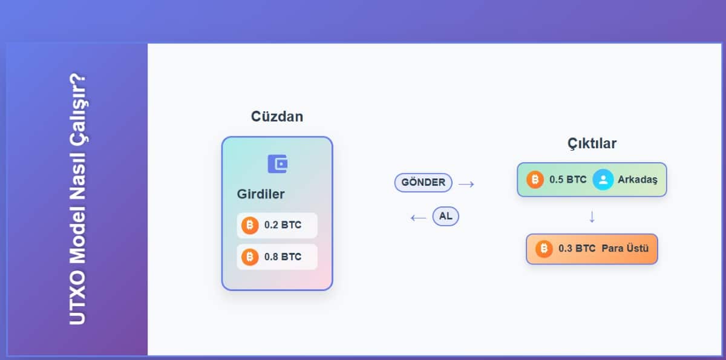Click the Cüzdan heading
click(x=277, y=116)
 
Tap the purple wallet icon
click(x=278, y=164)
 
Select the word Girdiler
click(x=261, y=194)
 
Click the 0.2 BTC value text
click(x=283, y=225)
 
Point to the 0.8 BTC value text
click(x=283, y=257)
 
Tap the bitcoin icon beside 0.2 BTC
click(x=250, y=225)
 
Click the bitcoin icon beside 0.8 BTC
click(x=250, y=257)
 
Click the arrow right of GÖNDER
click(x=466, y=184)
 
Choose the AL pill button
click(x=446, y=216)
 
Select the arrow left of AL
click(x=419, y=218)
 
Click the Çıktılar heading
click(x=592, y=143)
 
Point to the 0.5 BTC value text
click(x=568, y=180)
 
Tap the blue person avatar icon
click(x=603, y=180)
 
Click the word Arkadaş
click(x=638, y=180)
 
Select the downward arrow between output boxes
click(x=592, y=217)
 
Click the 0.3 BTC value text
click(x=577, y=249)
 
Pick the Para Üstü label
click(x=625, y=248)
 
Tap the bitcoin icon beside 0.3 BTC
click(x=544, y=249)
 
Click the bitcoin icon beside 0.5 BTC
click(x=535, y=180)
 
